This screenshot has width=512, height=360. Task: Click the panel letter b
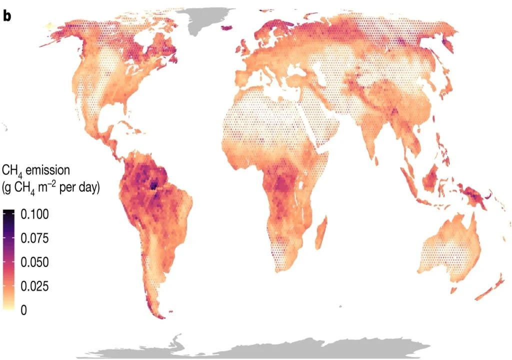click(7, 15)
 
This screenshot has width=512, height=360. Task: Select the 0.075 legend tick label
click(34, 238)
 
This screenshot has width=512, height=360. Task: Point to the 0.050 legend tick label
click(34, 262)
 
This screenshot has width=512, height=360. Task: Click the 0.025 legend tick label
click(34, 286)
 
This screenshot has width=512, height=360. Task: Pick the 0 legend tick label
click(23, 310)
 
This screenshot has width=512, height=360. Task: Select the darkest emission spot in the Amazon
click(153, 186)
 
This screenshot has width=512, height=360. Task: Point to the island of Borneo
click(432, 177)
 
